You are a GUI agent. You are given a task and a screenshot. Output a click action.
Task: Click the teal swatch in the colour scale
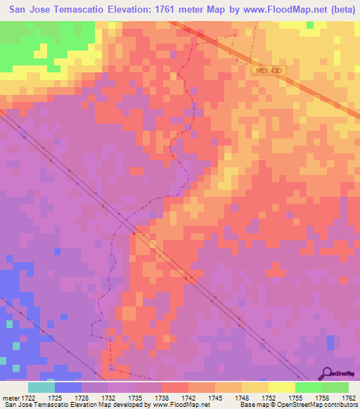point(41,387)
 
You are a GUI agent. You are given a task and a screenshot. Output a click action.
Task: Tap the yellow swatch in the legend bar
point(281,387)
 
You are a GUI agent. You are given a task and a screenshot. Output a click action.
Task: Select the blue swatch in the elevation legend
point(68,387)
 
